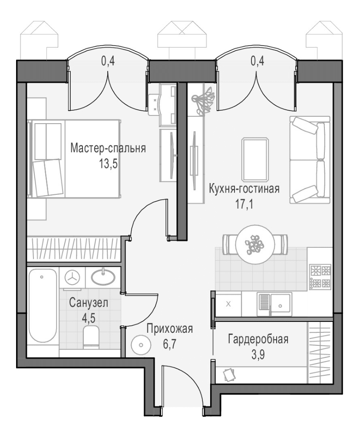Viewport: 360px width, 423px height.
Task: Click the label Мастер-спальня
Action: (x=108, y=148)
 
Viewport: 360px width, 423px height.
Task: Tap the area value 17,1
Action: (x=244, y=204)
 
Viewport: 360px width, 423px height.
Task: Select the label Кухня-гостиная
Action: (x=244, y=189)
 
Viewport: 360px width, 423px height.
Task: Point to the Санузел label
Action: (x=89, y=303)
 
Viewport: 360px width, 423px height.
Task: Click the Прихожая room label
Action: (x=170, y=329)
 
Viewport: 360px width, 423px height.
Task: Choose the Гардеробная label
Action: (x=258, y=339)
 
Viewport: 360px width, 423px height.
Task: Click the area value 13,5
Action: (x=109, y=164)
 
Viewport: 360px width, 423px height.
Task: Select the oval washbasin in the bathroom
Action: (x=103, y=277)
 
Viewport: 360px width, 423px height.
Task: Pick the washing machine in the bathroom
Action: (x=73, y=278)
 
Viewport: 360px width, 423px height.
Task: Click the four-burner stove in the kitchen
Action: (x=320, y=277)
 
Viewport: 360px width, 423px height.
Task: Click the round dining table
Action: (x=255, y=244)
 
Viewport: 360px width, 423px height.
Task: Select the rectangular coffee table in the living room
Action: (x=255, y=159)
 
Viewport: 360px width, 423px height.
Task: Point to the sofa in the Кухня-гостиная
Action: (x=310, y=160)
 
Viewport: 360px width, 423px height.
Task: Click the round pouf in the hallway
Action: (x=141, y=344)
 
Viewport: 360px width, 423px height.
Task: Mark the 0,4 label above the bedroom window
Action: (x=108, y=61)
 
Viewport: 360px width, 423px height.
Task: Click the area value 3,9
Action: (x=258, y=355)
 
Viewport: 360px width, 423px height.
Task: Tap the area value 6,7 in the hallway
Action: (x=170, y=344)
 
